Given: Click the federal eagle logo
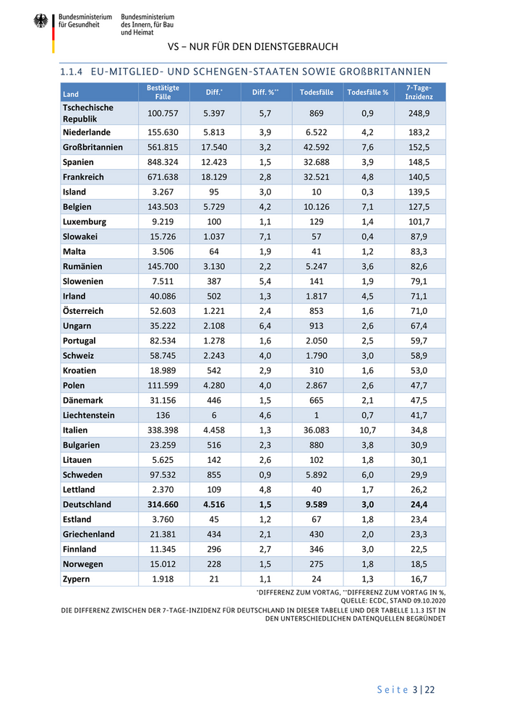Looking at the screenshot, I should (x=40, y=21).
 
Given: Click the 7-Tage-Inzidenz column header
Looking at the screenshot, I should (x=419, y=92).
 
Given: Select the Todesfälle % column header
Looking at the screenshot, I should (x=367, y=93).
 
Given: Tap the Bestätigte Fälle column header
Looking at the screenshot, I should (x=163, y=92).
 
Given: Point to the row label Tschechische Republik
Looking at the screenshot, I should (x=88, y=113).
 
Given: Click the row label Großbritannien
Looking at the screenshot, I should (x=93, y=147).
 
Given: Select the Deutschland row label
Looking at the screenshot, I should (x=87, y=505).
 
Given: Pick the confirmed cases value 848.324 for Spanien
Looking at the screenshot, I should (x=163, y=162).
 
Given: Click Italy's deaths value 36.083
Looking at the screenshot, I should (x=316, y=430).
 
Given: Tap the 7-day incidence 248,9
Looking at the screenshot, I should (x=419, y=114).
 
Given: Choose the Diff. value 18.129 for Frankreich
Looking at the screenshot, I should (x=214, y=176).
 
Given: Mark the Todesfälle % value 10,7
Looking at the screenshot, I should (x=367, y=430).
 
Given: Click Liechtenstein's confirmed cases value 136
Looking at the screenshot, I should (x=163, y=415).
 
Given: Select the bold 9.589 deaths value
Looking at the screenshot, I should (x=316, y=505).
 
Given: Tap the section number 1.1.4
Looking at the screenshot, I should (x=72, y=72).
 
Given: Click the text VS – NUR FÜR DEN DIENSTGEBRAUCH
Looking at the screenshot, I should (x=252, y=46).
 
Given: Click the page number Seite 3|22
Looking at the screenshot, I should (x=406, y=689).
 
